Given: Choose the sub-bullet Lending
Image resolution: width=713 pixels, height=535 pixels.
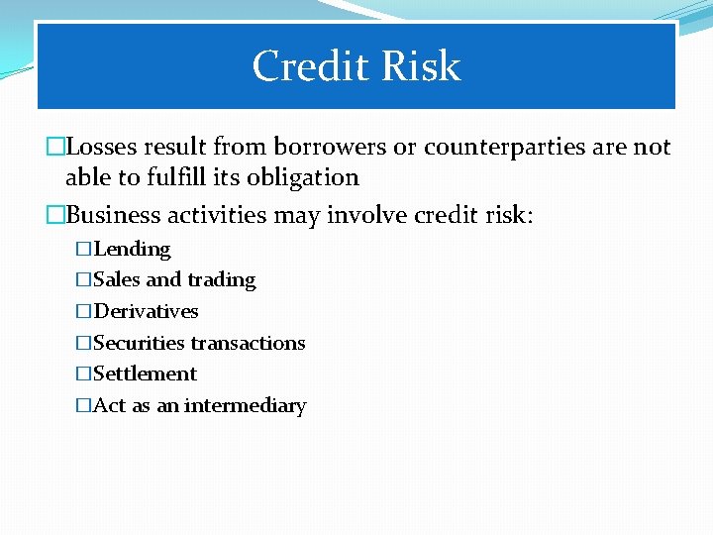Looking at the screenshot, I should (132, 249).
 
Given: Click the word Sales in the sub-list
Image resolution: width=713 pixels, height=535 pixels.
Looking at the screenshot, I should (117, 280).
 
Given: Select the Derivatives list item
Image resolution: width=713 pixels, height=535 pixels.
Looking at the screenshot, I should (146, 312).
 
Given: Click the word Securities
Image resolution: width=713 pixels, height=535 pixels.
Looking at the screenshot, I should (139, 343).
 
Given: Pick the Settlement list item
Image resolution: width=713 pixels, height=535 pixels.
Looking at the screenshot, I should (145, 374).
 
